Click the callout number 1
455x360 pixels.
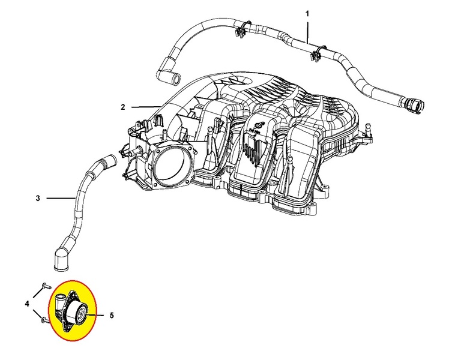(307, 14)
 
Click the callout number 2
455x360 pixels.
(123, 107)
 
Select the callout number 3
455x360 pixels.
(38, 199)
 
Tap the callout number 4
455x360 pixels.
(27, 304)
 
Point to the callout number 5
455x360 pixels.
(112, 315)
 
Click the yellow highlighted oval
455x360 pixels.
(73, 311)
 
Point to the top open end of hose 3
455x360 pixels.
(109, 160)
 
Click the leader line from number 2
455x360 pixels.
(145, 107)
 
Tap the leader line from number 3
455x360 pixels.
(61, 199)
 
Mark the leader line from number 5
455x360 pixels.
(95, 315)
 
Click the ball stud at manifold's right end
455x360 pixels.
(368, 128)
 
